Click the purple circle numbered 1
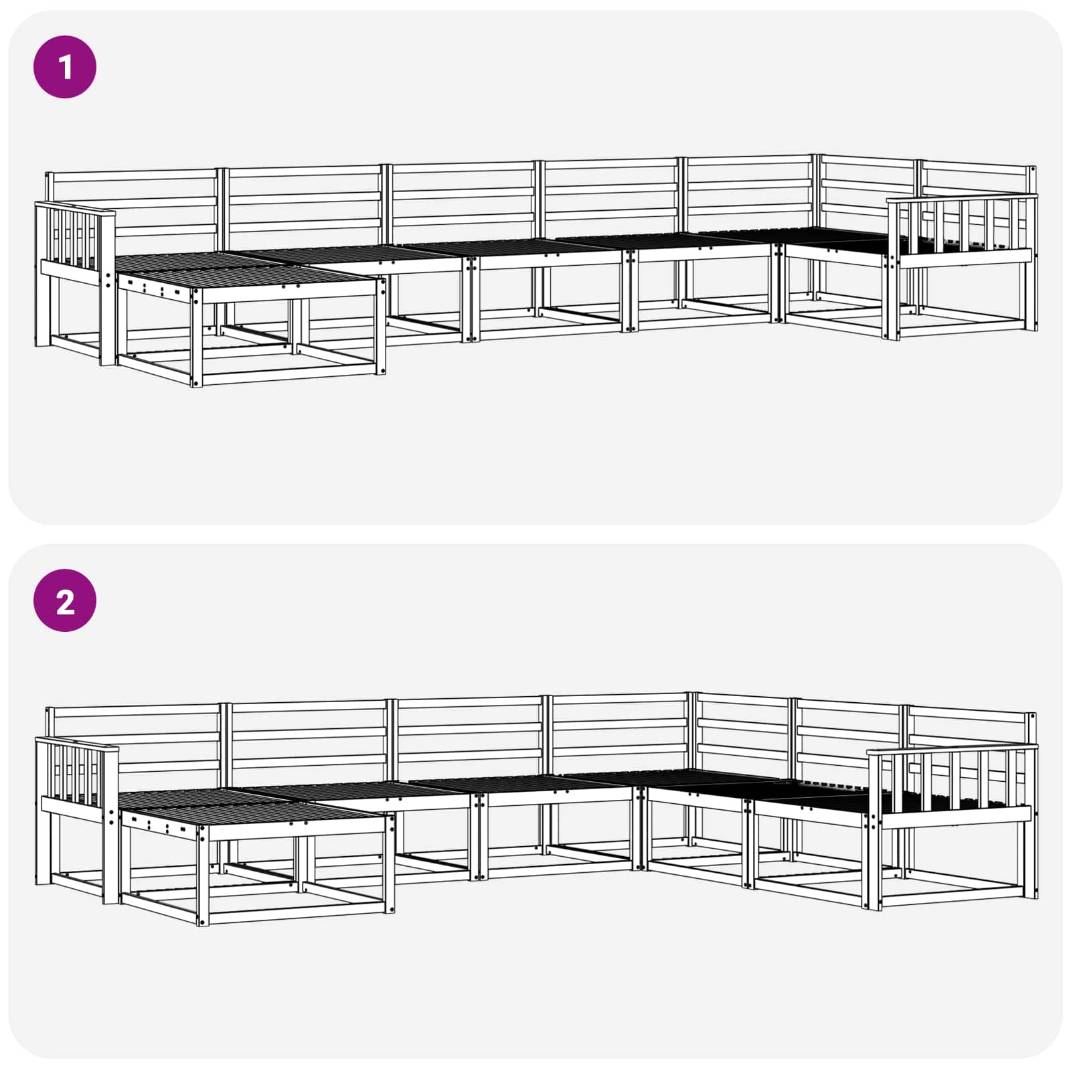click(65, 67)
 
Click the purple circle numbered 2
click(65, 602)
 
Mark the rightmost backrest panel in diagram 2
click(971, 726)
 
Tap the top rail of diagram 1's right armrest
click(962, 197)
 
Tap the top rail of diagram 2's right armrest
click(952, 748)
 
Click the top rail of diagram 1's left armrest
click(75, 207)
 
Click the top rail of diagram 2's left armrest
click(76, 742)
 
